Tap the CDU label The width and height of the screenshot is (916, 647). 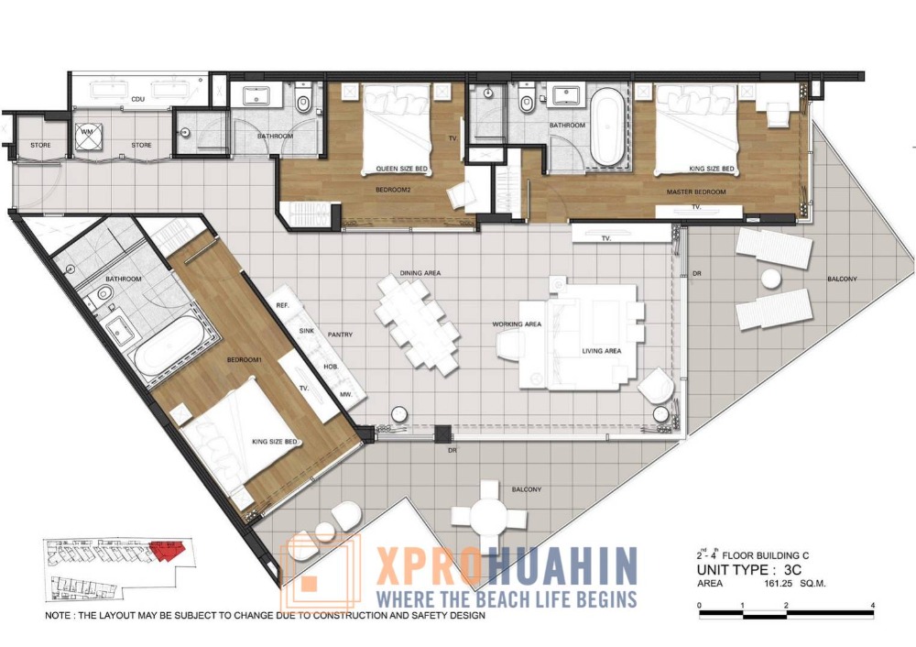pos(138,99)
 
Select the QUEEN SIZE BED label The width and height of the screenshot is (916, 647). pos(401,169)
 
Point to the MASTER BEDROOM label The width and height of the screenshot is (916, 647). pos(696,192)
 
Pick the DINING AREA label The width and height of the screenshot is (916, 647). pos(420,273)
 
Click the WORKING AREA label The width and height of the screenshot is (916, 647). pos(517,323)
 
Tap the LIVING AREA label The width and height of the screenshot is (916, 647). pos(601,351)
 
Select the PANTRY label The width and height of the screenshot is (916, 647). pos(340,334)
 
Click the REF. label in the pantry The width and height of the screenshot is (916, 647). pos(283,306)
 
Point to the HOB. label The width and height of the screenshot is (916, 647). pos(332,367)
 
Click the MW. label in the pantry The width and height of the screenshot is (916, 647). pos(346,394)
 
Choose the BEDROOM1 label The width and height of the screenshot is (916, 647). pos(245,360)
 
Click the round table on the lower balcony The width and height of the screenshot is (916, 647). pos(489,516)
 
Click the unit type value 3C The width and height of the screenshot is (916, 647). pos(792,570)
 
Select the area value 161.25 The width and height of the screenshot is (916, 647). pos(778,583)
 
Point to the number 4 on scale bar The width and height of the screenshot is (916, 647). pos(873,606)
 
